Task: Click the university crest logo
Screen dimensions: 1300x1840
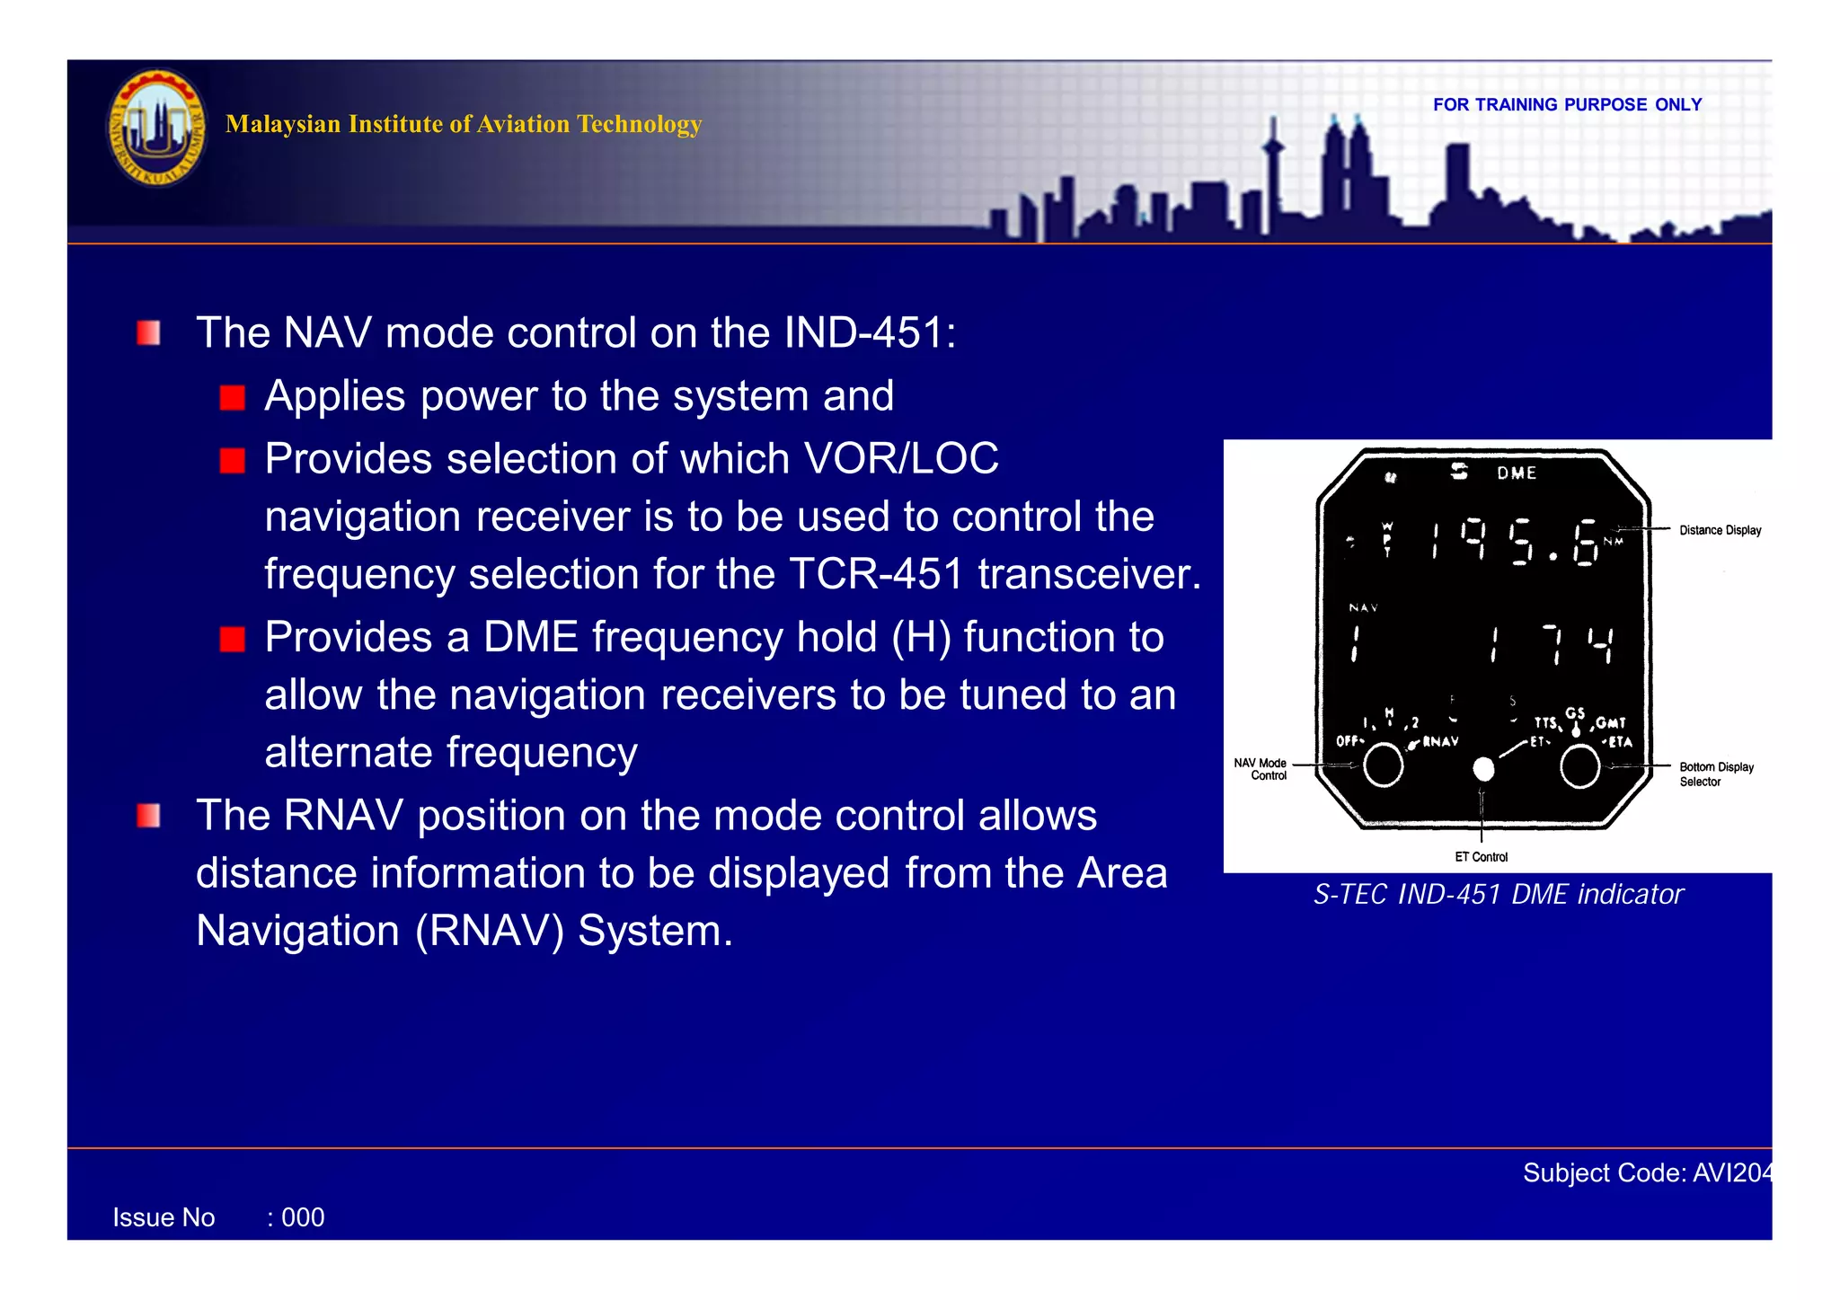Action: [x=157, y=128]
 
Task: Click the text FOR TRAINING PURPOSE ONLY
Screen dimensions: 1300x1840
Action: [x=1567, y=105]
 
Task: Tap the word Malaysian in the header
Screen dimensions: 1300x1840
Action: [x=283, y=124]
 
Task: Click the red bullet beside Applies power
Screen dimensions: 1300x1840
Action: [x=233, y=398]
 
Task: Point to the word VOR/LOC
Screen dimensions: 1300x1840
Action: [x=901, y=459]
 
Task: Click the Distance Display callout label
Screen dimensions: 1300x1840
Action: [x=1720, y=531]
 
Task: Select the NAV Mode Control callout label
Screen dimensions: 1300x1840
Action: [x=1261, y=769]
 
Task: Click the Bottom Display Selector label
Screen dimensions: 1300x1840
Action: [x=1715, y=774]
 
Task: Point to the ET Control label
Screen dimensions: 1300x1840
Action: [x=1481, y=857]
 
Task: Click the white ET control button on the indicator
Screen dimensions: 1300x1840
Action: [x=1483, y=769]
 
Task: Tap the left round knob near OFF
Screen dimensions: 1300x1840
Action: [x=1383, y=765]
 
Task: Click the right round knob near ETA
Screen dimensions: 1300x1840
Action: [x=1579, y=767]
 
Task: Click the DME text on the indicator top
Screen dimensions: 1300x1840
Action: [x=1517, y=473]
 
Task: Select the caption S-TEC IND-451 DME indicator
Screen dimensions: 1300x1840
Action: [x=1498, y=895]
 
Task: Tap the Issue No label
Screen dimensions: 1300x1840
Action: [x=164, y=1218]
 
